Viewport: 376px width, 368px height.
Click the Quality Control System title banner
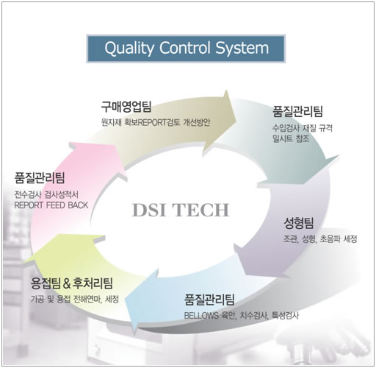coord(186,49)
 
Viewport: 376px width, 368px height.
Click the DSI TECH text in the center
coord(181,210)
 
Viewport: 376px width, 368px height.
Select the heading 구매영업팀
coord(126,107)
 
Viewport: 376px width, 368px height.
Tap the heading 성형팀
coord(299,223)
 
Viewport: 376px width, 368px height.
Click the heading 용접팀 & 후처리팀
coord(72,283)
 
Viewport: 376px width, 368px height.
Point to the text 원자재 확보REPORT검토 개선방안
coord(156,122)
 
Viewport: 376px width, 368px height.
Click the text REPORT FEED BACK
coord(51,205)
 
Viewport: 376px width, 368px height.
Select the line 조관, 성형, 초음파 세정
coord(320,238)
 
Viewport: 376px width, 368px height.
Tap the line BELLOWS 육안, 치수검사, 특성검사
coord(242,316)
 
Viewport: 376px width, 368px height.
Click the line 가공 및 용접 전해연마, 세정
coord(75,299)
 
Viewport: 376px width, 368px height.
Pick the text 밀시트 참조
coord(291,139)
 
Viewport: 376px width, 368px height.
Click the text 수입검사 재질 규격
coord(303,128)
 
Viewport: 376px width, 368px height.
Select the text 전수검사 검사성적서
coord(46,195)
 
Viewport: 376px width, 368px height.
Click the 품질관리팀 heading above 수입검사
coord(297,111)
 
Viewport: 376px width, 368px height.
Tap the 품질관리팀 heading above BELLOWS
coord(209,300)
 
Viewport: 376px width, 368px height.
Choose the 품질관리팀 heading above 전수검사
coord(40,178)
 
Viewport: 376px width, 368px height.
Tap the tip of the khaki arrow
coord(236,120)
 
